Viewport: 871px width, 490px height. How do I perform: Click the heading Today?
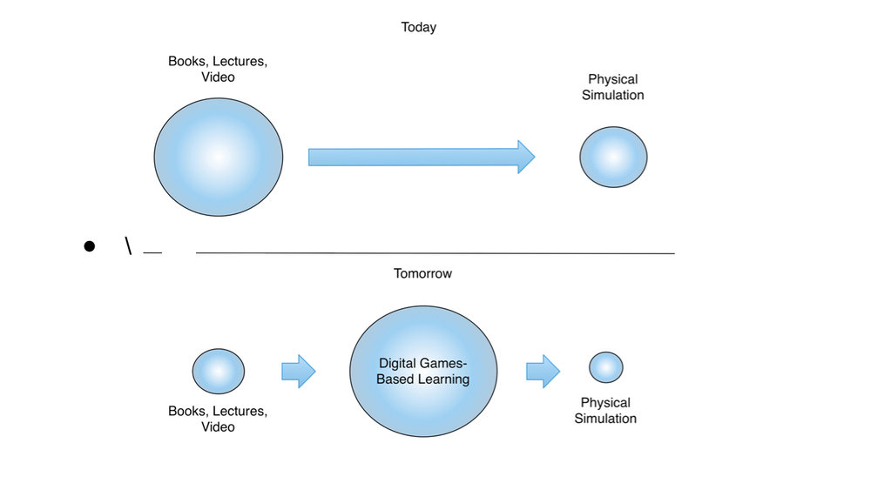tap(418, 27)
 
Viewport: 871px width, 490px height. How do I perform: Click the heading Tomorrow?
tap(422, 273)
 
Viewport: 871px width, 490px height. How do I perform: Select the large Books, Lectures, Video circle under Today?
tap(219, 157)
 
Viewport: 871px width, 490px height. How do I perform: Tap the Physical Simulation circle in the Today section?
tap(613, 157)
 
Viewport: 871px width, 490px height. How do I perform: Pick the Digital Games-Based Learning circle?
tap(423, 372)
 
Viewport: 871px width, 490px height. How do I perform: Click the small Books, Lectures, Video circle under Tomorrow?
tap(218, 371)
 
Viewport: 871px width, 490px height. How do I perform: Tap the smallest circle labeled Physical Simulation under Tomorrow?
tap(605, 367)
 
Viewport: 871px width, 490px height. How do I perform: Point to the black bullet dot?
tap(89, 246)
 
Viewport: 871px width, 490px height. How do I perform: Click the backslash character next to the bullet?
tap(128, 245)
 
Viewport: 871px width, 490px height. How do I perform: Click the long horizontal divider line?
tap(435, 253)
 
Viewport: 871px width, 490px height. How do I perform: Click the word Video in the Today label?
tap(218, 77)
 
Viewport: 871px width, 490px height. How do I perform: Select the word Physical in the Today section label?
tap(613, 79)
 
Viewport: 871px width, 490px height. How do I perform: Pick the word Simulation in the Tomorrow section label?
tap(605, 419)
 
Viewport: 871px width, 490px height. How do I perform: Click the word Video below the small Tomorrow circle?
tap(218, 426)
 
